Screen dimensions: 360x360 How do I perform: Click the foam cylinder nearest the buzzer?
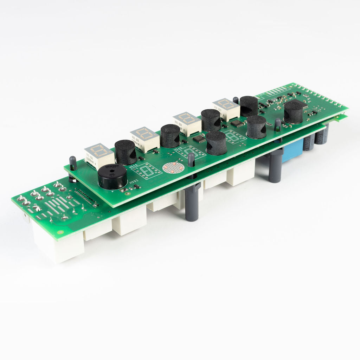[x=126, y=152]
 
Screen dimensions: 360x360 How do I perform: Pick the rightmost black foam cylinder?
[x=293, y=112]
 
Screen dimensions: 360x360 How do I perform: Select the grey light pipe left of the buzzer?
[x=73, y=163]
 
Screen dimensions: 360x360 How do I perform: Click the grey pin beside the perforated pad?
[x=191, y=160]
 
